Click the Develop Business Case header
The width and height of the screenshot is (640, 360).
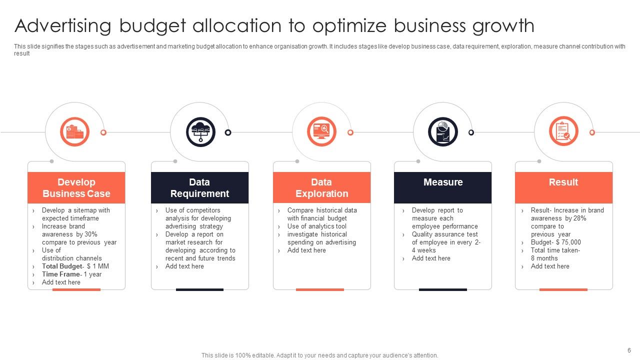click(76, 188)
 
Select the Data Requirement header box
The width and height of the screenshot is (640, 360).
click(199, 188)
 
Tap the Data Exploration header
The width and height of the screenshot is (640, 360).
click(321, 188)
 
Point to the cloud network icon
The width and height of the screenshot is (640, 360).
click(200, 132)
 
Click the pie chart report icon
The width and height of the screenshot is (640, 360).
click(443, 132)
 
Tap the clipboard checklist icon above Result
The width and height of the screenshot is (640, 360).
click(563, 132)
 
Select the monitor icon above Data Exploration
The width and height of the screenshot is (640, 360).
click(321, 132)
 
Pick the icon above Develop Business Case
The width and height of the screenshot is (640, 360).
click(75, 132)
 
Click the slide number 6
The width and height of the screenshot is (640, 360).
click(629, 350)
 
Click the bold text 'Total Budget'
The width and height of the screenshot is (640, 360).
click(61, 266)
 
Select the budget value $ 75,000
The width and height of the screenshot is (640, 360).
click(568, 242)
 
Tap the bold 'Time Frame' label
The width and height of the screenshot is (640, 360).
click(61, 274)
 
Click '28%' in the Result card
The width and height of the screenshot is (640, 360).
click(580, 218)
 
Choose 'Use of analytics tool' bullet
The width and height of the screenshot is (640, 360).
click(316, 226)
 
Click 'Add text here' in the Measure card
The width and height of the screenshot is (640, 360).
click(431, 258)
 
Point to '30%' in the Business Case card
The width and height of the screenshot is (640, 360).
click(90, 234)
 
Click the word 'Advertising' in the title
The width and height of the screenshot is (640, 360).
click(64, 26)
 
